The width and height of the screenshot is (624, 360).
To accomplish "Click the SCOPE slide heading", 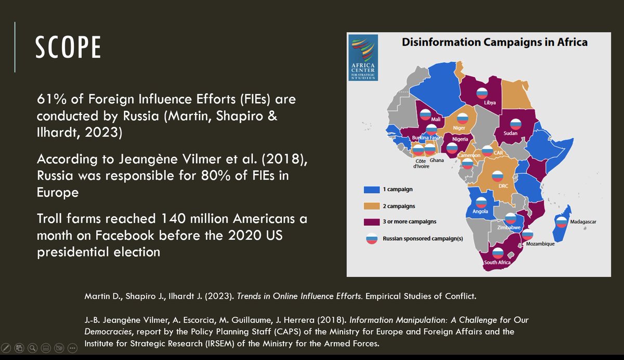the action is pos(68,47).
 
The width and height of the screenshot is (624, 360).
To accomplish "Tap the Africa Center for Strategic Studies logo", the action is pos(363,58).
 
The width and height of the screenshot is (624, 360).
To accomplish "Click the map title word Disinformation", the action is pos(441,42).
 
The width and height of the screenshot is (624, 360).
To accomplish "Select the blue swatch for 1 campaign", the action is pos(372,190).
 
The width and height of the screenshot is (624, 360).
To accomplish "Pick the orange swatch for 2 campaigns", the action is pos(372,206).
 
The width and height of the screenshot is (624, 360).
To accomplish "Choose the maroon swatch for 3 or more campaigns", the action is pos(372,222).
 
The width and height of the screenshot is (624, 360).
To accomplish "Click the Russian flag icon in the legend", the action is pos(372,238).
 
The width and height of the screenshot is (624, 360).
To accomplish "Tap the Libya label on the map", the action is pos(490,102).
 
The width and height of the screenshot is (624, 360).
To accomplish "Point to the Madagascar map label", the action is pos(583,222).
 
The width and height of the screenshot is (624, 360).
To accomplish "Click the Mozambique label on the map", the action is pos(540,244).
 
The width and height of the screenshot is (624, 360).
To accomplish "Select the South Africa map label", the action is pos(497,262).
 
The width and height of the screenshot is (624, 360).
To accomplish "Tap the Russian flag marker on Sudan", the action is pos(516,124).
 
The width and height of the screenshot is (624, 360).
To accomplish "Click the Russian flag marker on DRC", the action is pos(498,176).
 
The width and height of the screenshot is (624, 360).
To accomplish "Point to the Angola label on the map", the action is pos(480,211).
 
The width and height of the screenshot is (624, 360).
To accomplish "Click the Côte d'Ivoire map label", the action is pos(421,163).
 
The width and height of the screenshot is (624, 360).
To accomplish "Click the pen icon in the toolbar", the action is pos(6,348).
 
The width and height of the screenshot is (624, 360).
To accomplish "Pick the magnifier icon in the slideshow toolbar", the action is pos(33,348).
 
